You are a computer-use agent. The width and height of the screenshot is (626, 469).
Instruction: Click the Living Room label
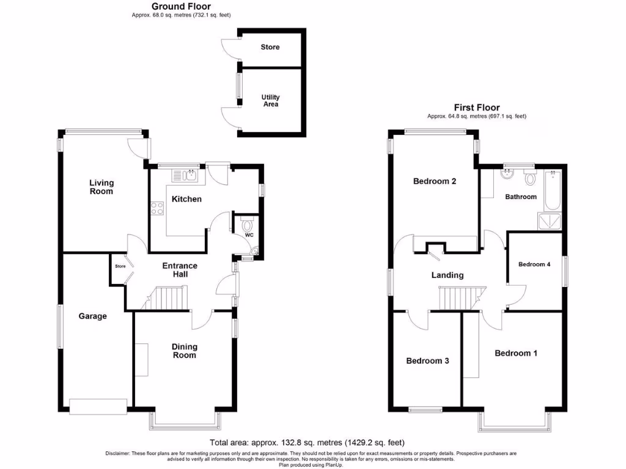101,187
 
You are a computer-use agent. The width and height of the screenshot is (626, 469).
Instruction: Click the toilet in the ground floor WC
246,220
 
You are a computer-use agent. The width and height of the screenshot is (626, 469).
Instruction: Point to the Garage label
92,316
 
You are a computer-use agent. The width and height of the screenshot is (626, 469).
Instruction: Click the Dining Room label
184,351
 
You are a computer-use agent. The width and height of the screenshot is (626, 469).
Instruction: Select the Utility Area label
270,101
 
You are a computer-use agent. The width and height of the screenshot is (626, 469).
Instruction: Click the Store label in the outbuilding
270,47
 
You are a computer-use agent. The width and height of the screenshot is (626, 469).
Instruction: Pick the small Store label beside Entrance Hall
120,266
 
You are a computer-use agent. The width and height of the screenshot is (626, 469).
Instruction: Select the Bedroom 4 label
534,264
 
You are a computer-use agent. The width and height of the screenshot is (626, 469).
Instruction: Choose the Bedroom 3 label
427,361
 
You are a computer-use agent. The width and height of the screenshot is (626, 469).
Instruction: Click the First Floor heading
476,107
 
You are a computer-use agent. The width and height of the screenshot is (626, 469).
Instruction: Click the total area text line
307,443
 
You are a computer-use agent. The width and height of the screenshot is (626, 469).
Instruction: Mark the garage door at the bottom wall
98,405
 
